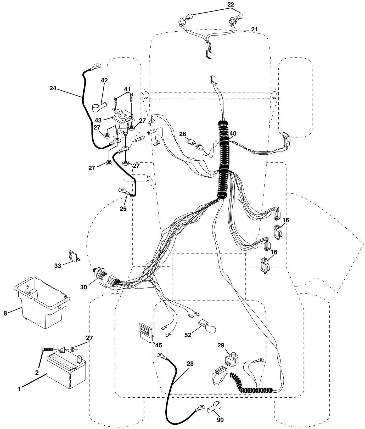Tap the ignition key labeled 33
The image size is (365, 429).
[72, 256]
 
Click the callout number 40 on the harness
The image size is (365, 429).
[233, 134]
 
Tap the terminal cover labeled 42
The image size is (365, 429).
[99, 108]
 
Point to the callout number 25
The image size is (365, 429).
[123, 208]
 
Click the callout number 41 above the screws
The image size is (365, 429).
[127, 89]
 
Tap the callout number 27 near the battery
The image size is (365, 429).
[89, 338]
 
